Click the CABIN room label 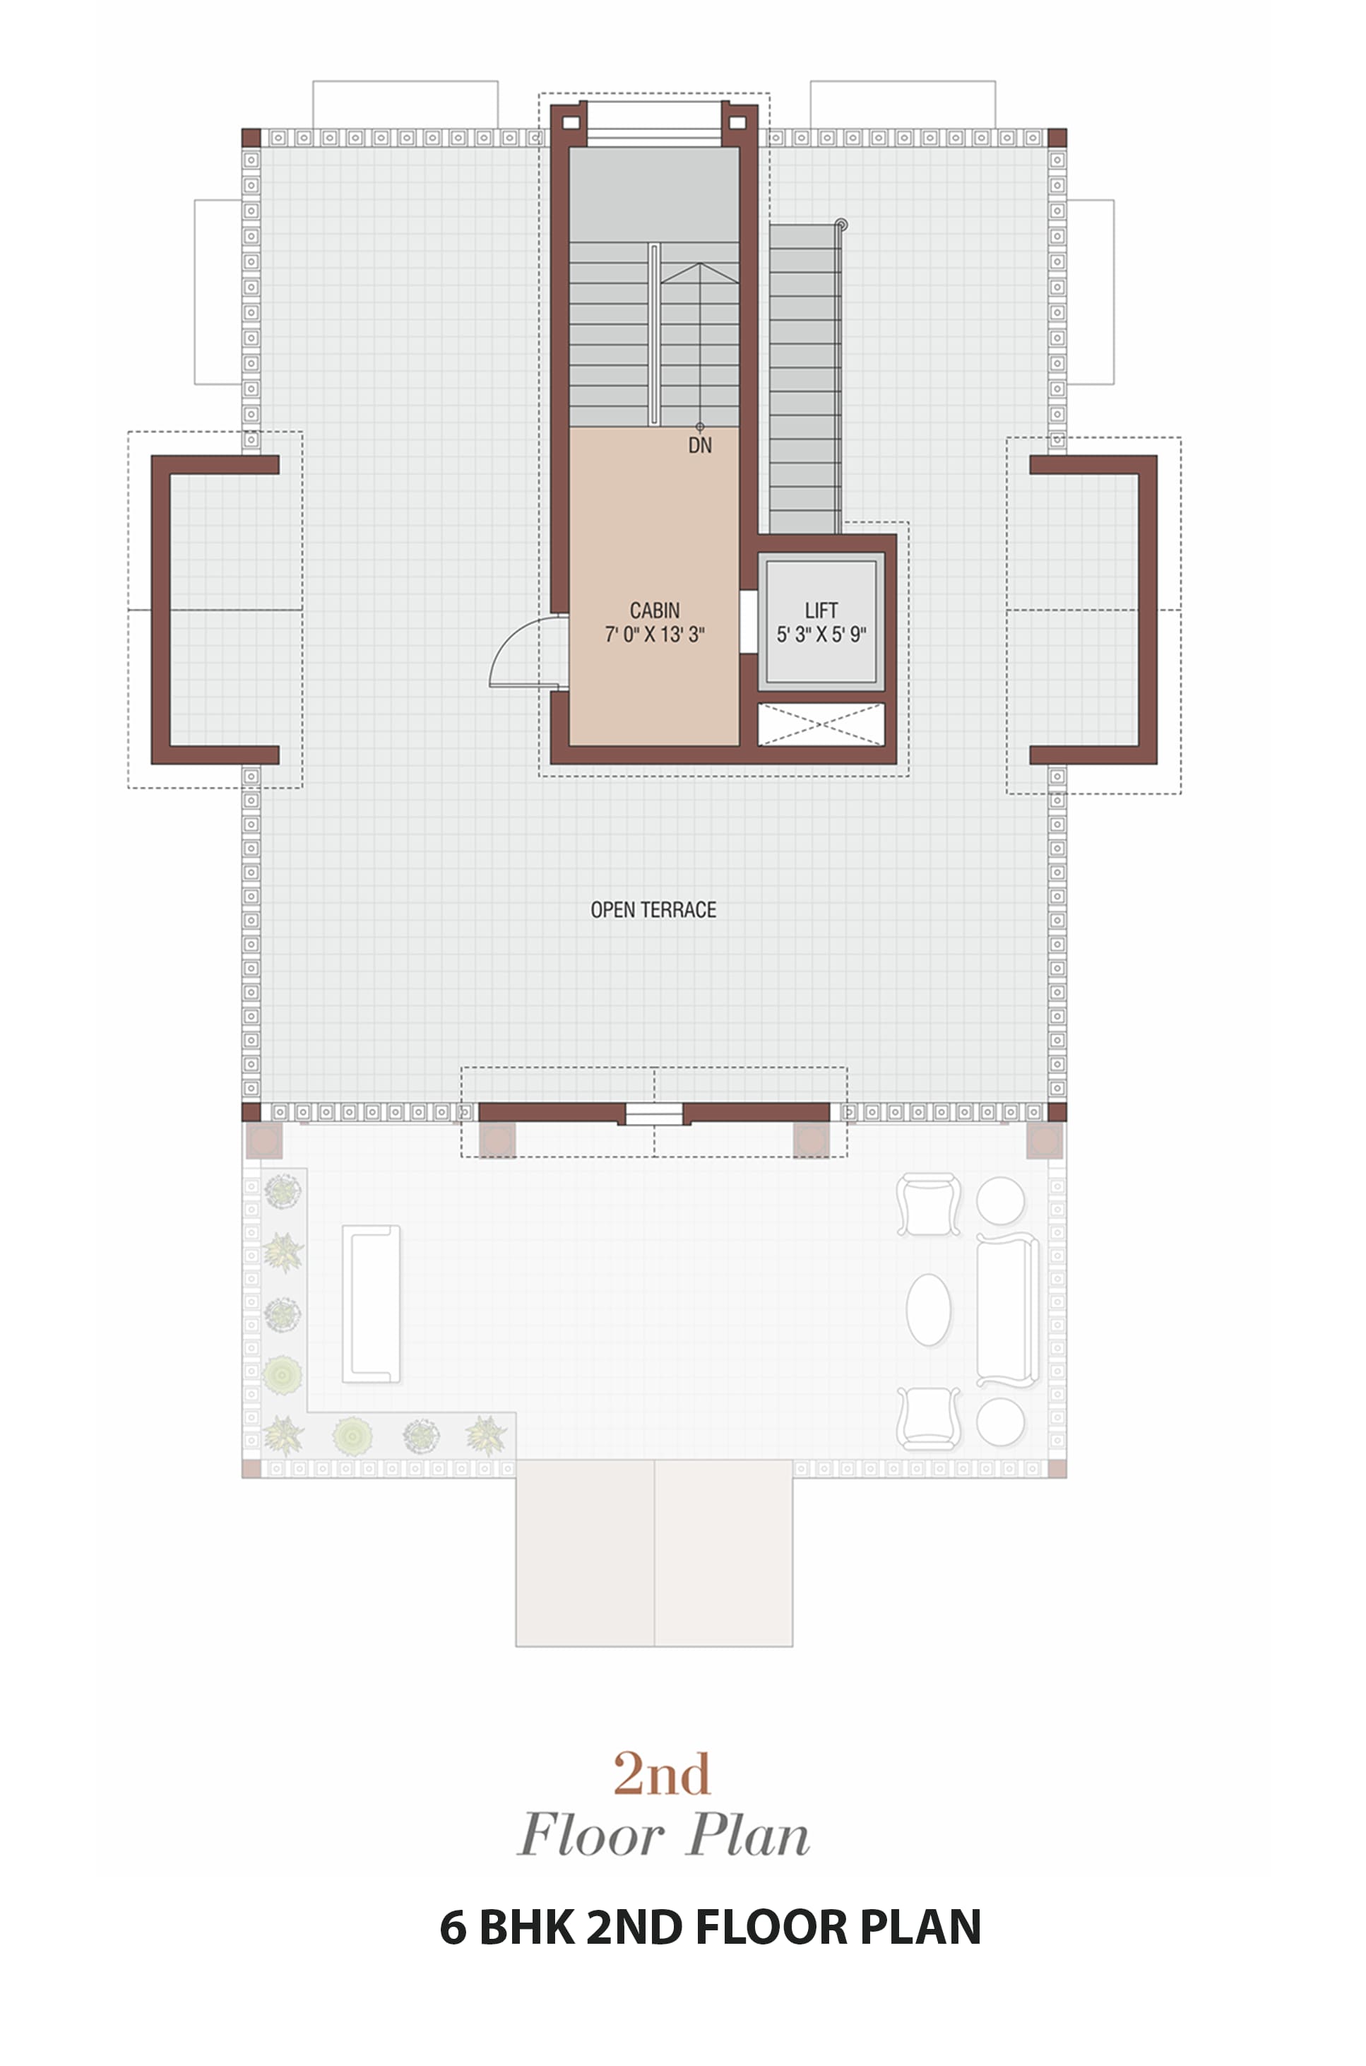point(654,610)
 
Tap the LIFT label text point(821,610)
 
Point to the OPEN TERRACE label point(653,909)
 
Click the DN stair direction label point(699,445)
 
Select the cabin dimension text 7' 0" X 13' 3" point(654,634)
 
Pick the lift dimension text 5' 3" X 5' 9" point(821,634)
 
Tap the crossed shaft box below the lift point(821,724)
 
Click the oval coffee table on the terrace point(929,1310)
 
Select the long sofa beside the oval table point(1007,1310)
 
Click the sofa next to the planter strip point(371,1304)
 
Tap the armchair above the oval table point(929,1204)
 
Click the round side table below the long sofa point(1000,1421)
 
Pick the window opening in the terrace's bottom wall point(653,1113)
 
